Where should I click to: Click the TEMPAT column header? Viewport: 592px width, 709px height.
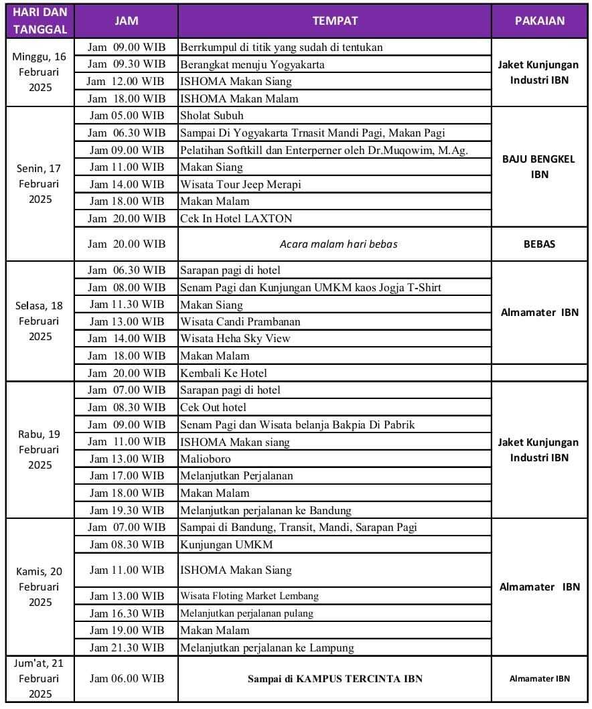click(334, 20)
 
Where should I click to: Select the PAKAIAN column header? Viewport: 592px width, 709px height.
click(539, 20)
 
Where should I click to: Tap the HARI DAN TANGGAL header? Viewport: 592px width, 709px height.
click(40, 21)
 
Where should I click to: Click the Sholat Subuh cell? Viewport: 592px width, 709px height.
click(212, 115)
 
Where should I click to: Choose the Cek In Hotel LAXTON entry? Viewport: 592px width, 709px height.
click(236, 218)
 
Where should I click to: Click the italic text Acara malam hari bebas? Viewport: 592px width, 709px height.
click(338, 244)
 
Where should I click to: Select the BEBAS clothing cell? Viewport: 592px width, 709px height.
click(539, 244)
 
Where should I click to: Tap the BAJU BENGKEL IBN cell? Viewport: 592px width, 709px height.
click(539, 167)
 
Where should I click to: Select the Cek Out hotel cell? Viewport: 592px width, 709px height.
click(213, 407)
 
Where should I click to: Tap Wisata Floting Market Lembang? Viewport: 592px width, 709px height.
click(249, 595)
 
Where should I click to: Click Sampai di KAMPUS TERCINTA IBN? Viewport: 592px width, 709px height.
click(335, 678)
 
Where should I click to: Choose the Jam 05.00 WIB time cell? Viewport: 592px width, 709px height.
click(126, 115)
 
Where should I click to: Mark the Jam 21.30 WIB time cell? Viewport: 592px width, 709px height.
click(126, 647)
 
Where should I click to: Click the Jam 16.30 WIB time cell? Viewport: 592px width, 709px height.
click(126, 613)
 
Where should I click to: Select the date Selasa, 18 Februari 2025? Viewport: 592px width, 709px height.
click(40, 321)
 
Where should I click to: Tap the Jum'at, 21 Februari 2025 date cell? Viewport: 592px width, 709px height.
click(40, 678)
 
